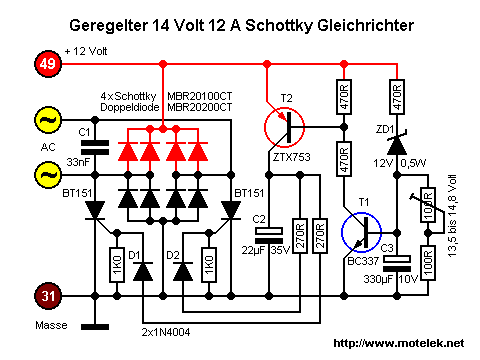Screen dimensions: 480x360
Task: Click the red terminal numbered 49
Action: coord(48,64)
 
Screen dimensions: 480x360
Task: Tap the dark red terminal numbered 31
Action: coord(48,296)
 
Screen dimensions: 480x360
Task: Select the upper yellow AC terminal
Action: coord(48,120)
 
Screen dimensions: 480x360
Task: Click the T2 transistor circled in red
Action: coord(284,127)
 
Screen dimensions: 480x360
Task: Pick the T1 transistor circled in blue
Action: coord(361,232)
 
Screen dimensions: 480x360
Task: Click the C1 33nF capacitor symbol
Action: coord(95,147)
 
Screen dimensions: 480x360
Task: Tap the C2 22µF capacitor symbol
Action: coord(269,236)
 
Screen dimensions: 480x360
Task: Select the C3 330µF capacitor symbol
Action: coord(397,264)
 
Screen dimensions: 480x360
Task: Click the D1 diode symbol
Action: coord(143,272)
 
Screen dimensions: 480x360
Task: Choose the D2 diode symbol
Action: coord(183,272)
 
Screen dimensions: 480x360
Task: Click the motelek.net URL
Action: coord(399,343)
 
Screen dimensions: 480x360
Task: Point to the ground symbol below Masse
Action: coord(95,327)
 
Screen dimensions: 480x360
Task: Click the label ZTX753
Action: coord(291,157)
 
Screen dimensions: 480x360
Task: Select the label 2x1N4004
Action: coord(166,332)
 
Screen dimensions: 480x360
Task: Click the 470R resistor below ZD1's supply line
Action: coord(397,97)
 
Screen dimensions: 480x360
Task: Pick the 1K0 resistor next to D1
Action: coord(117,265)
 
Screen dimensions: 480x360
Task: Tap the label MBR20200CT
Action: coord(199,107)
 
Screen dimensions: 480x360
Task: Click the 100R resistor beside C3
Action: coord(428,263)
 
